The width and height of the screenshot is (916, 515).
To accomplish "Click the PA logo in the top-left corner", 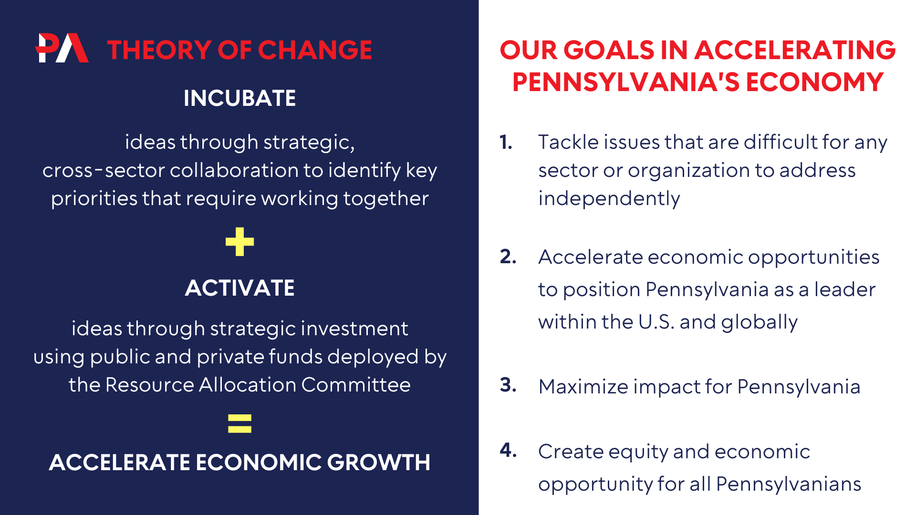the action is pyautogui.click(x=62, y=48).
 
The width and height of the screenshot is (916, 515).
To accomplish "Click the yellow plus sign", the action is pyautogui.click(x=239, y=242).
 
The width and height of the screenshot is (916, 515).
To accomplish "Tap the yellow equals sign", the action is pyautogui.click(x=239, y=423).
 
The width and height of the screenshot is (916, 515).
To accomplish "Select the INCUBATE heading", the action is pyautogui.click(x=239, y=98).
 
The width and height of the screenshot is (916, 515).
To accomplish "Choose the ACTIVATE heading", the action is pyautogui.click(x=239, y=288).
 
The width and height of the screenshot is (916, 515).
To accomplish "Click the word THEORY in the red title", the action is pyautogui.click(x=159, y=50).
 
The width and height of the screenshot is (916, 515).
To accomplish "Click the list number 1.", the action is pyautogui.click(x=506, y=142).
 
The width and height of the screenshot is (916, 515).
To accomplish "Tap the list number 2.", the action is pyautogui.click(x=508, y=257).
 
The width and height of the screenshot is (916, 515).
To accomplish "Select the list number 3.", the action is pyautogui.click(x=508, y=385).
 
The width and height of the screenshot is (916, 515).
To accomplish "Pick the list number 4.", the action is pyautogui.click(x=508, y=450).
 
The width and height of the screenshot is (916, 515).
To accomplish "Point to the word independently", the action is pyautogui.click(x=609, y=198).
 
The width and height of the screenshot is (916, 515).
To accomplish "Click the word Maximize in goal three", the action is pyautogui.click(x=583, y=386).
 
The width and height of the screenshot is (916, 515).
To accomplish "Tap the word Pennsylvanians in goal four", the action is pyautogui.click(x=789, y=484).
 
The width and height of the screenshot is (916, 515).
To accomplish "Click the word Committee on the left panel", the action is pyautogui.click(x=356, y=385).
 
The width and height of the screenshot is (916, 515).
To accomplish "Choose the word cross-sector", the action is pyautogui.click(x=104, y=171).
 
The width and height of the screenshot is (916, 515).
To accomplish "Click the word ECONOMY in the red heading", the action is pyautogui.click(x=815, y=82).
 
